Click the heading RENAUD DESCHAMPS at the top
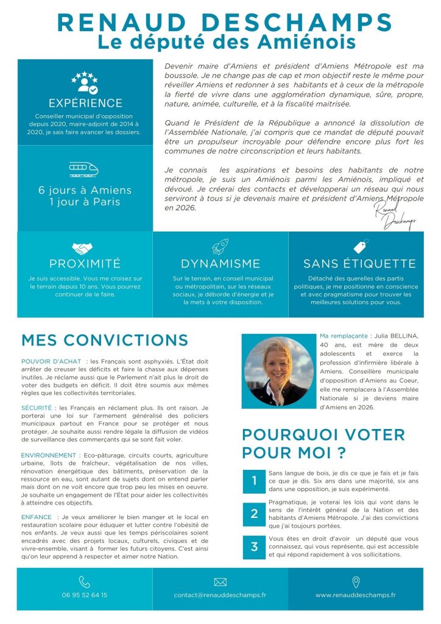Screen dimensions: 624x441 [224, 23]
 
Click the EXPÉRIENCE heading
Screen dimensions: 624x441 [85, 103]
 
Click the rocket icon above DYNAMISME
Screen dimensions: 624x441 [220, 246]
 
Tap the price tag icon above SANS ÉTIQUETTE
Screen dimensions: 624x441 [361, 246]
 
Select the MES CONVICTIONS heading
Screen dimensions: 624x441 [105, 340]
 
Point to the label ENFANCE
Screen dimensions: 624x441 [36, 517]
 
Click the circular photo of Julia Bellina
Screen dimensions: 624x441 [278, 370]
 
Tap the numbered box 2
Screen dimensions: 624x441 [254, 514]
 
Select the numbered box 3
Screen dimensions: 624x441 [254, 547]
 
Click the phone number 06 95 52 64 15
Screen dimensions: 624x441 [85, 595]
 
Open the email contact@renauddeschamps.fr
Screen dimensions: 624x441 [220, 595]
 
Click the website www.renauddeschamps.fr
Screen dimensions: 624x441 [356, 595]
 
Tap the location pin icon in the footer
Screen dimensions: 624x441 [356, 582]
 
